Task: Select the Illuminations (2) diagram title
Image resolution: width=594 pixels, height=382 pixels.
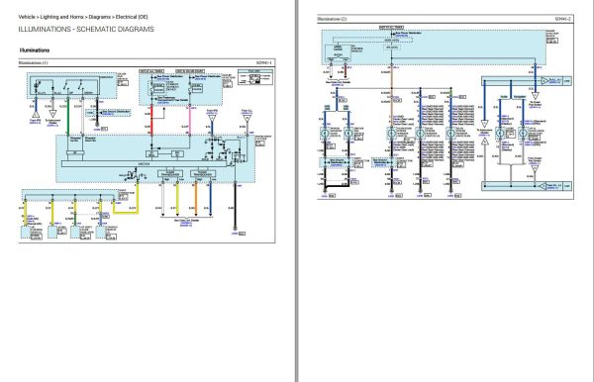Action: tap(333, 19)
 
